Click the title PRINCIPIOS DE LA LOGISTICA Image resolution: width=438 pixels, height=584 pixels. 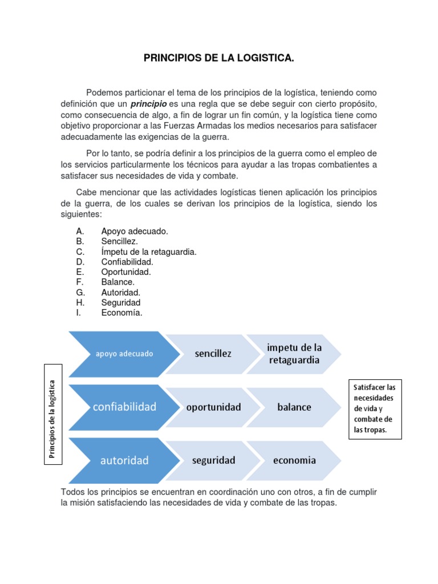point(218,58)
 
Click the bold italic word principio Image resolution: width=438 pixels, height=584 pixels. point(148,104)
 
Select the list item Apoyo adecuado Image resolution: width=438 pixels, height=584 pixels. point(135,232)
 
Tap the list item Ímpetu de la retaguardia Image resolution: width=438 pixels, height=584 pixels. point(149,252)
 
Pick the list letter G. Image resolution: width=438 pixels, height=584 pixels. point(80,293)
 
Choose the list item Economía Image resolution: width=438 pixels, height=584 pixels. point(121,313)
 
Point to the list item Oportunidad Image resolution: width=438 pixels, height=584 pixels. point(126,272)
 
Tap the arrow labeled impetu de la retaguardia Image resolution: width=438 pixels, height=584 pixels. point(294,354)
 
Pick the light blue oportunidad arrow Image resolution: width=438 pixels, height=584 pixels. point(212,407)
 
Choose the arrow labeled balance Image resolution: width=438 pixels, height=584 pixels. point(294,407)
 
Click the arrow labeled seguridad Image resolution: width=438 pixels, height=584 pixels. point(212,460)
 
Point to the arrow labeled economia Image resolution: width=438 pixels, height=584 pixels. point(294,460)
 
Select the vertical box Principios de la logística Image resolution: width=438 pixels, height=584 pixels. point(52,419)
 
